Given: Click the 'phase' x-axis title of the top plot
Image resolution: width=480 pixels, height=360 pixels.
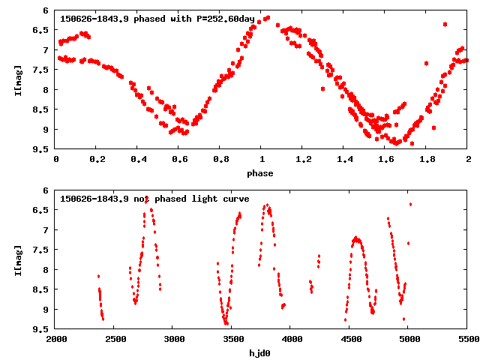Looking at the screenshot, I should point(262,173).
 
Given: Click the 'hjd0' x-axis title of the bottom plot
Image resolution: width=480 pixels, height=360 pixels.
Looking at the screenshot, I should point(262,353).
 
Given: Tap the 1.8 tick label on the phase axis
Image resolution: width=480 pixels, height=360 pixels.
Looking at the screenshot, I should point(427,160).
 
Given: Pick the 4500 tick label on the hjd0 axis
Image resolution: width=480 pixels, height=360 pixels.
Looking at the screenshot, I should point(350,340).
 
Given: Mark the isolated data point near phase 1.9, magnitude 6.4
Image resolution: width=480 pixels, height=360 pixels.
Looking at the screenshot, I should point(445,24).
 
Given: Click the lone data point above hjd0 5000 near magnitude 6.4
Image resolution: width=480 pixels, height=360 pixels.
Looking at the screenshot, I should point(410,204).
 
